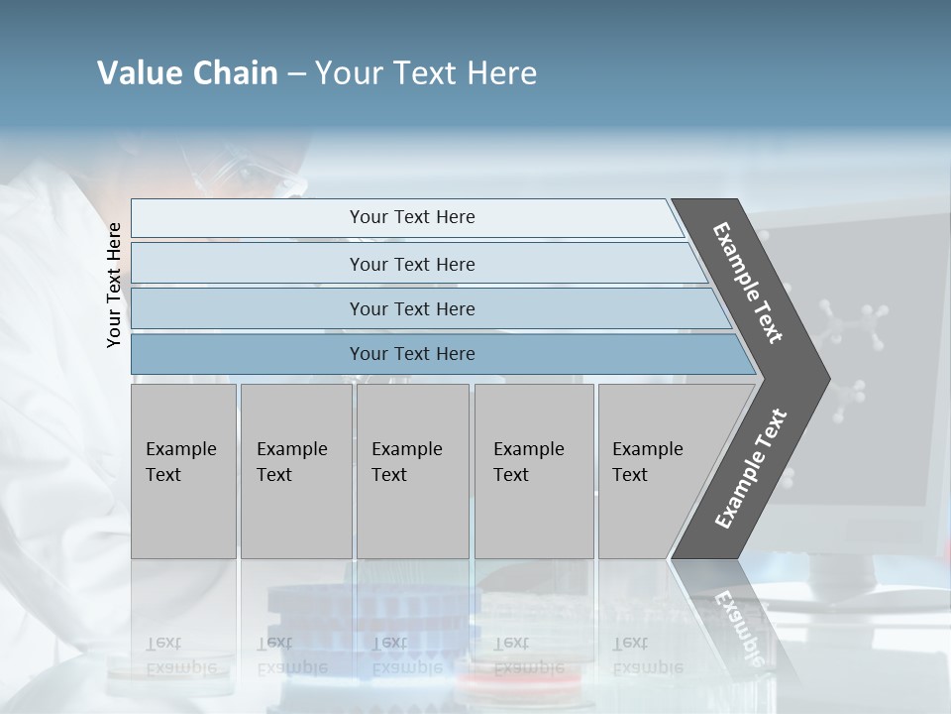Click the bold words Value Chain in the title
coord(187,73)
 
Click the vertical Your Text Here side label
coord(114,285)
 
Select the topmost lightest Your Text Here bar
coord(411,218)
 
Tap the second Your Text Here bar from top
coord(411,264)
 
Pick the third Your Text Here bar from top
coord(411,309)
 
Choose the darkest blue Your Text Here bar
coord(411,354)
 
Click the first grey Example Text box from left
coord(183,471)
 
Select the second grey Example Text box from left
coord(295,471)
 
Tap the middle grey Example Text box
coord(412,471)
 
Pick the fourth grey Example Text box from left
coord(533,471)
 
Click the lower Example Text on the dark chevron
coord(750,468)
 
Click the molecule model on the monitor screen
coord(848,327)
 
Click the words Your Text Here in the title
coord(426,73)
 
